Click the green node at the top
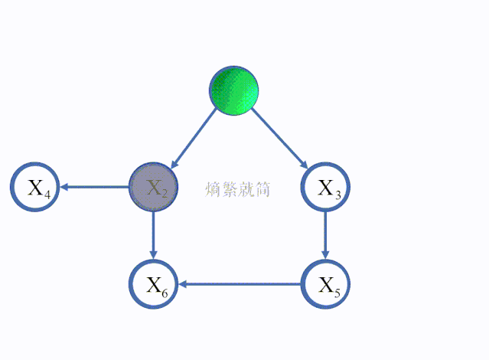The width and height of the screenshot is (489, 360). click(x=233, y=90)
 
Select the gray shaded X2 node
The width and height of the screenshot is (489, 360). click(x=153, y=187)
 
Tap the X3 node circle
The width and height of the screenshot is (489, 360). click(x=327, y=187)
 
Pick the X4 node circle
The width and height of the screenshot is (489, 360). click(x=35, y=187)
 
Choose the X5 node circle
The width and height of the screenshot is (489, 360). click(x=327, y=285)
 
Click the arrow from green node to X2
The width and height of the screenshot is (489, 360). click(x=194, y=138)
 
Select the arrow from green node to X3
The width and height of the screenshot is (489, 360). click(x=279, y=138)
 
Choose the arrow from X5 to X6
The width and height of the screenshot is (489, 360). click(x=240, y=285)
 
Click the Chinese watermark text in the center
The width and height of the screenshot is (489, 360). click(x=238, y=188)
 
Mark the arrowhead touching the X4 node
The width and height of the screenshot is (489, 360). click(x=67, y=187)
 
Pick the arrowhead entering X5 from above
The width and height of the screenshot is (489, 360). click(x=327, y=255)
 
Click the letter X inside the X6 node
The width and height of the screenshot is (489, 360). click(x=152, y=284)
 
